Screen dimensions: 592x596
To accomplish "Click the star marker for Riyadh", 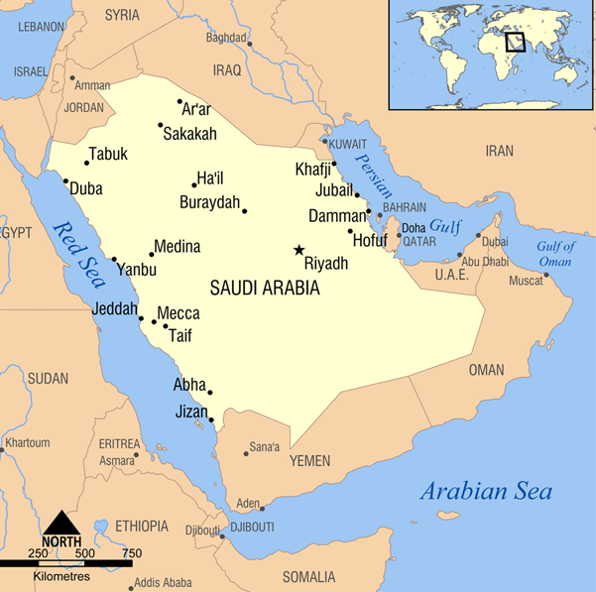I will click(x=298, y=250).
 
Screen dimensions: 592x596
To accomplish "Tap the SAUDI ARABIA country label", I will click(x=265, y=289).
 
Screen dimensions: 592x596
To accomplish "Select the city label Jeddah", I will click(x=114, y=309).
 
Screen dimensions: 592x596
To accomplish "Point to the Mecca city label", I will click(x=179, y=313).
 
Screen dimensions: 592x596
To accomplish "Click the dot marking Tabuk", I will click(x=87, y=163).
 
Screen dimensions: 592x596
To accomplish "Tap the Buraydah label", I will click(x=209, y=202).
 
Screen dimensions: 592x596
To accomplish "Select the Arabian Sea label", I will click(x=486, y=491).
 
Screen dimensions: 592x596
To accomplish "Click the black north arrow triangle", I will click(x=61, y=521).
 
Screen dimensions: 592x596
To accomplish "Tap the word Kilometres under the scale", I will click(x=61, y=576).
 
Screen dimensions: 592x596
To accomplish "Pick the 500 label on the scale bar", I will click(x=84, y=553).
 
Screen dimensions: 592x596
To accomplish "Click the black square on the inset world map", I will click(x=514, y=42).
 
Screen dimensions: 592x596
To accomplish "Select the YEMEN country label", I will click(x=309, y=461).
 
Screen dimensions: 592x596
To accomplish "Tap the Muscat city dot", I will click(x=545, y=275).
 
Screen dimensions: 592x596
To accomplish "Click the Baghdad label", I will click(x=225, y=38).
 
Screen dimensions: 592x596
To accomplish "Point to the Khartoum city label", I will click(x=28, y=442).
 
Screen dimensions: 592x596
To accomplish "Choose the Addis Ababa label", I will click(x=164, y=582).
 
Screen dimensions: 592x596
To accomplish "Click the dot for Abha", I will click(x=210, y=393).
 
